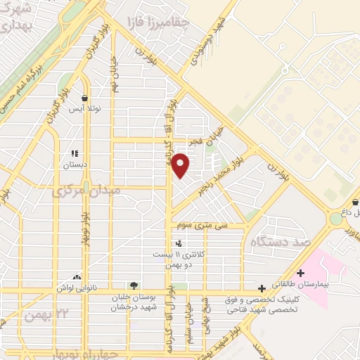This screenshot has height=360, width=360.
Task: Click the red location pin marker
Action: coord(181,164)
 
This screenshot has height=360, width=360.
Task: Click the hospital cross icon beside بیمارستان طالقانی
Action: coord(300,273)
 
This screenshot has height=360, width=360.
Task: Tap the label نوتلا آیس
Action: coord(84,110)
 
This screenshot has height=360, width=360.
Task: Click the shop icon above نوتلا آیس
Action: coord(84,98)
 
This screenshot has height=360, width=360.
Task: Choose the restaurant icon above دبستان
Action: coord(75,153)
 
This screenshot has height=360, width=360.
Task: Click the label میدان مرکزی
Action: coord(86,191)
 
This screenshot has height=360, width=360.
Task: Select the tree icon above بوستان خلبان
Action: coord(134,285)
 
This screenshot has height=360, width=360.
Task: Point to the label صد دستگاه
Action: coord(276,242)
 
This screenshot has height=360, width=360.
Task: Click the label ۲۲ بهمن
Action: coord(44,315)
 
